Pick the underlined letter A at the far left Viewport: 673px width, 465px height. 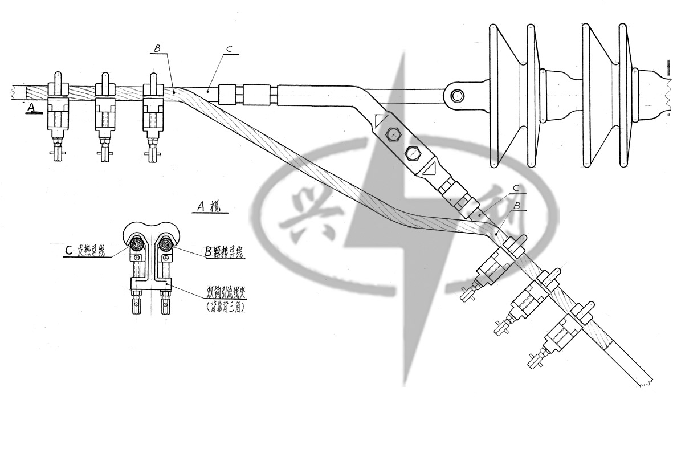coord(32,107)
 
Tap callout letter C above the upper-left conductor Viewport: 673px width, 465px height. coord(229,49)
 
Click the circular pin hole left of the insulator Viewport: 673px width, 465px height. coord(456,96)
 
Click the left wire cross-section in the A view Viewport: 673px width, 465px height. coord(137,244)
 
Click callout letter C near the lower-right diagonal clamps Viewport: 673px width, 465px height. coord(516,187)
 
